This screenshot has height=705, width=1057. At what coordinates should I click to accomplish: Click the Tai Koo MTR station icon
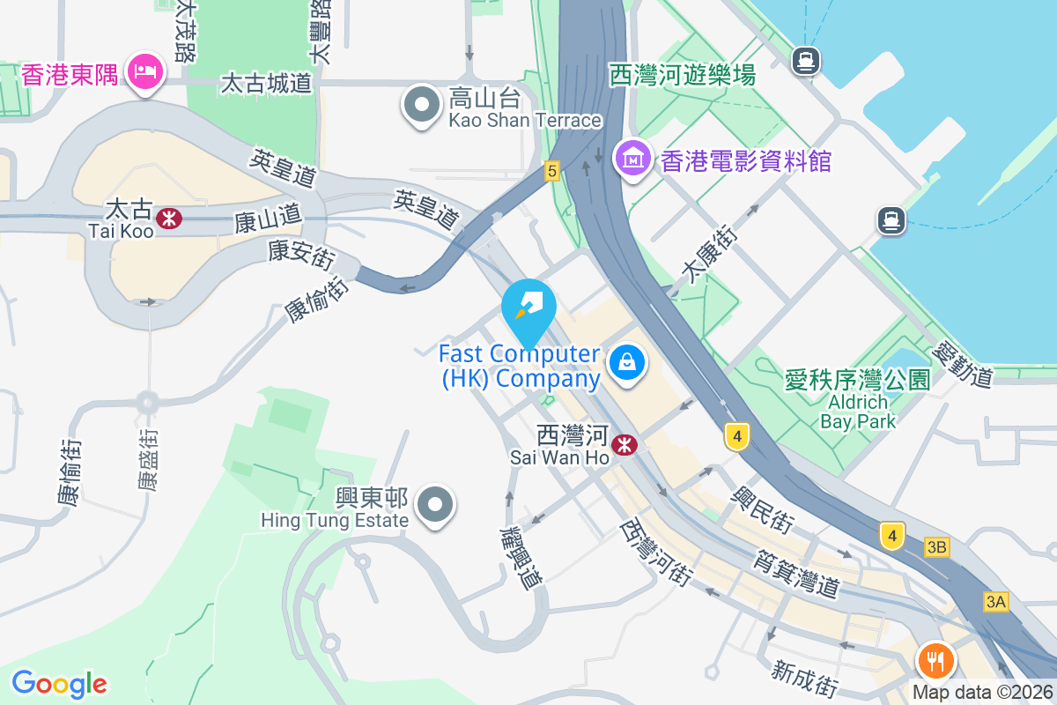[168, 217]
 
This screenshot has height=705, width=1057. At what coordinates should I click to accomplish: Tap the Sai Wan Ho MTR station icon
[625, 445]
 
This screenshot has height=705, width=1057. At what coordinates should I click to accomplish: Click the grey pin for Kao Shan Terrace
[422, 105]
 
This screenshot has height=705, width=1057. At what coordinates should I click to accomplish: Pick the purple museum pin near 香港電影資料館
[633, 159]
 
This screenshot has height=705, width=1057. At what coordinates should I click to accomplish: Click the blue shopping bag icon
[626, 362]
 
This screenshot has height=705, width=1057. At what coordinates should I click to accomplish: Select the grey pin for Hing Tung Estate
[436, 506]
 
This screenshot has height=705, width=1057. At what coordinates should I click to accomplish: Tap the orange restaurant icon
[935, 660]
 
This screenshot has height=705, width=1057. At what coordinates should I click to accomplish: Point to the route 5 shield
[552, 171]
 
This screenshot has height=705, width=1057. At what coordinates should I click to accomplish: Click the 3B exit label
[936, 548]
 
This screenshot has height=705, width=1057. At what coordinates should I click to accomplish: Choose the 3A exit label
[995, 603]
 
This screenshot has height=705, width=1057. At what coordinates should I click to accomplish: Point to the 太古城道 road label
[266, 83]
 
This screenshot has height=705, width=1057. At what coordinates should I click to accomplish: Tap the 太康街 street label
[710, 255]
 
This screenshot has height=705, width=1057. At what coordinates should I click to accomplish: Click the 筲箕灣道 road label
[796, 572]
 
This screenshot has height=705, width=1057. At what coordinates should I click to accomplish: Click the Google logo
[59, 683]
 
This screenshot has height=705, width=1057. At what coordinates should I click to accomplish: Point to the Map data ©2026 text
[982, 693]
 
